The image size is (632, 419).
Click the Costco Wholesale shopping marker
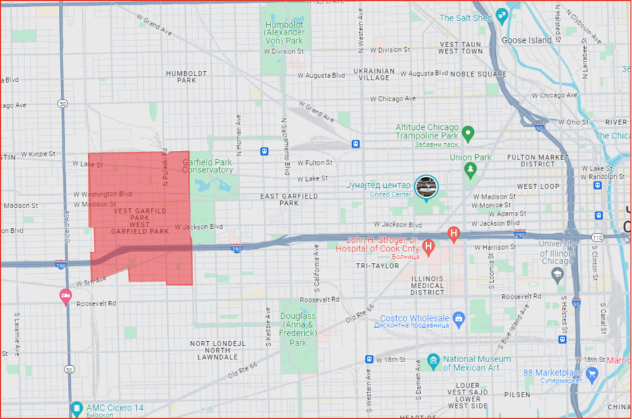[x=459, y=319]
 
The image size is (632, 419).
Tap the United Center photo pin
[x=426, y=187]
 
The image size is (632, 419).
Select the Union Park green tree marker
[x=469, y=170]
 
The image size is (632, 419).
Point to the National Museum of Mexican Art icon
[x=433, y=362]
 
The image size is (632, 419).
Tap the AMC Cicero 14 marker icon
[x=77, y=408]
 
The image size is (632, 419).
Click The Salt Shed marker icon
[x=501, y=15]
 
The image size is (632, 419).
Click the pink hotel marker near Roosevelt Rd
[x=65, y=295]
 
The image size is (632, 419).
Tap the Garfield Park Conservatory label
[x=207, y=166]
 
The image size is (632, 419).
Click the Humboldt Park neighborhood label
[x=186, y=76]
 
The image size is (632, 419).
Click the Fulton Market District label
[x=548, y=160]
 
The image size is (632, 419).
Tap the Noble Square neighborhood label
[x=478, y=74]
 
